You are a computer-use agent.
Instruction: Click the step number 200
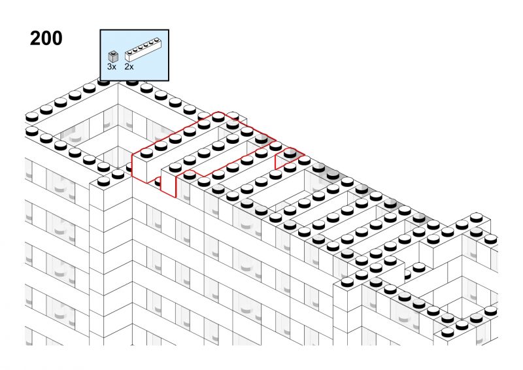point(46,38)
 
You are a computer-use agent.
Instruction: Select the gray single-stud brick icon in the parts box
point(113,56)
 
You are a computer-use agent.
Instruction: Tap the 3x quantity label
point(112,67)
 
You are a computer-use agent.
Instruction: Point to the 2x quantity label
point(129,67)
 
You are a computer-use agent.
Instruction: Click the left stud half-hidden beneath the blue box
point(104,82)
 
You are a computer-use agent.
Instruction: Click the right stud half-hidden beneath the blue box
point(132,82)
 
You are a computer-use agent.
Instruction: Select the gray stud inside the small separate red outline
point(290,153)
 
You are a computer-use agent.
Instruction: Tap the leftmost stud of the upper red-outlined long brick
point(146,153)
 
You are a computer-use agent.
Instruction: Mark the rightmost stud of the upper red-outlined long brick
point(218,117)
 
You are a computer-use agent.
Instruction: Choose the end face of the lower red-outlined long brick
point(168,182)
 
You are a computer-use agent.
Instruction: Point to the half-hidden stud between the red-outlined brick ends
point(157,182)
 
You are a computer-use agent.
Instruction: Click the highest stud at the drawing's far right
point(476,217)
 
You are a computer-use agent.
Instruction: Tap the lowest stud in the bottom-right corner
point(447,332)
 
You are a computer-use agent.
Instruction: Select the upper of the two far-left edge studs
point(32,117)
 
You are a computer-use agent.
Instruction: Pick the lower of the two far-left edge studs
point(32,131)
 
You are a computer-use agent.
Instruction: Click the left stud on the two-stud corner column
point(104,181)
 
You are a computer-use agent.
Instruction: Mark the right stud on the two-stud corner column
point(118,174)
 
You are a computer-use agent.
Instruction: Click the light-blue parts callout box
point(135,55)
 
